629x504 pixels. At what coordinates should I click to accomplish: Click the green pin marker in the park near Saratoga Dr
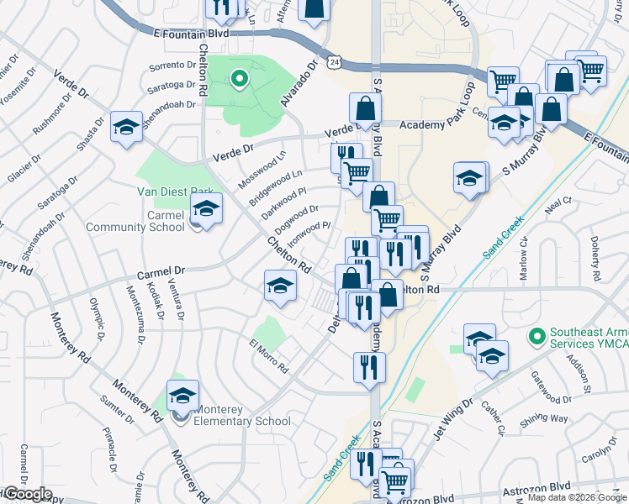[x=239, y=81]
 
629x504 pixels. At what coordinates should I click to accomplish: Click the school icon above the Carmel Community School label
[x=205, y=210]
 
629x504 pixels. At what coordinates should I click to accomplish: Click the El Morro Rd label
[x=269, y=356]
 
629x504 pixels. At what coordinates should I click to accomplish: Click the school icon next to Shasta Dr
[x=126, y=128]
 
